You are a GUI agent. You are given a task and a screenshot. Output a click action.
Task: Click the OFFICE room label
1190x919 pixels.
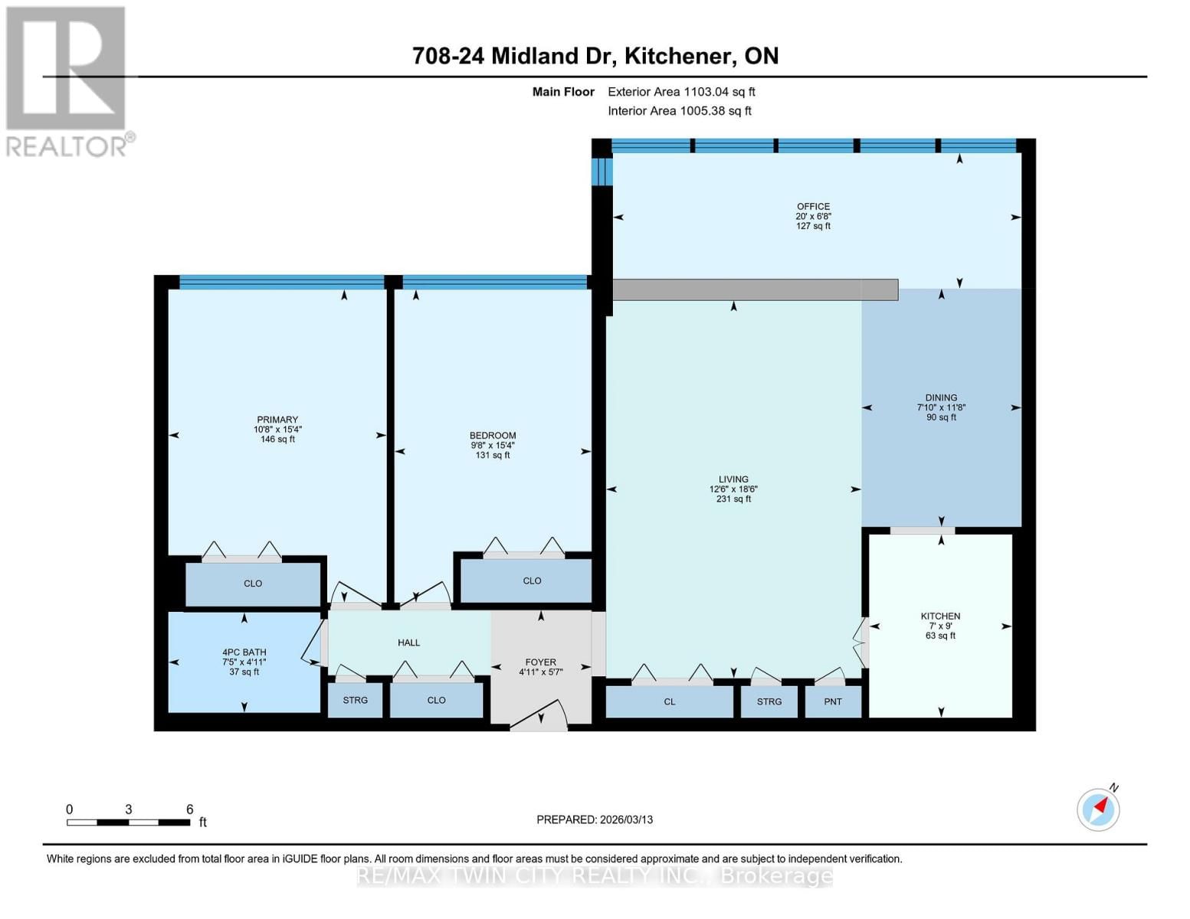click(813, 207)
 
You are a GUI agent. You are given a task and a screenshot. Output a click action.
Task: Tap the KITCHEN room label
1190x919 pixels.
click(940, 616)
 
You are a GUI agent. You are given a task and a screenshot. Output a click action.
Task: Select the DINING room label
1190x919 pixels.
click(941, 397)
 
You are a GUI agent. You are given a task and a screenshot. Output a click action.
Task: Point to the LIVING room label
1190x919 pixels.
click(733, 479)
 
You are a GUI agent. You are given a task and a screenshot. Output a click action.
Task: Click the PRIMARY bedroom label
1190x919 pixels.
click(277, 420)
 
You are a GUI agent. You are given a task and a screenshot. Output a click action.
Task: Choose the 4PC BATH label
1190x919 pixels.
click(244, 652)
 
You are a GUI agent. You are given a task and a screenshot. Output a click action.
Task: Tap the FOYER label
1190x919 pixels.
click(541, 662)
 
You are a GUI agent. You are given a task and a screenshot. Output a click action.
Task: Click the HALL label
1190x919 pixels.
click(408, 643)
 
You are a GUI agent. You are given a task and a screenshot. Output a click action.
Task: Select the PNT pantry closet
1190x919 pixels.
click(833, 702)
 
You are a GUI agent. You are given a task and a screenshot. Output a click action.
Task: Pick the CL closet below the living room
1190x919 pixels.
click(670, 702)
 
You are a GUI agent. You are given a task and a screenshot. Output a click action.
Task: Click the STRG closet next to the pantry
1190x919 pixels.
click(769, 702)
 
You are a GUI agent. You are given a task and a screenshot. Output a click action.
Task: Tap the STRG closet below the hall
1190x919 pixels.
click(356, 700)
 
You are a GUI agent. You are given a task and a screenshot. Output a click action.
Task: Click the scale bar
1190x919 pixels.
click(128, 823)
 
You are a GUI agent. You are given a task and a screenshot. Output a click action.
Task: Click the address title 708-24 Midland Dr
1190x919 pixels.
click(595, 56)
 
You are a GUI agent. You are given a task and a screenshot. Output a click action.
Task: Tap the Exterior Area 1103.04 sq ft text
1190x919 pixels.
click(681, 92)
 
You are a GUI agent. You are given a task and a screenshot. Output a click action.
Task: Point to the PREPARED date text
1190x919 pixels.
click(595, 819)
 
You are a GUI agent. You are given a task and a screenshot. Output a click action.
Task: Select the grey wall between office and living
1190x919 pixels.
click(755, 289)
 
